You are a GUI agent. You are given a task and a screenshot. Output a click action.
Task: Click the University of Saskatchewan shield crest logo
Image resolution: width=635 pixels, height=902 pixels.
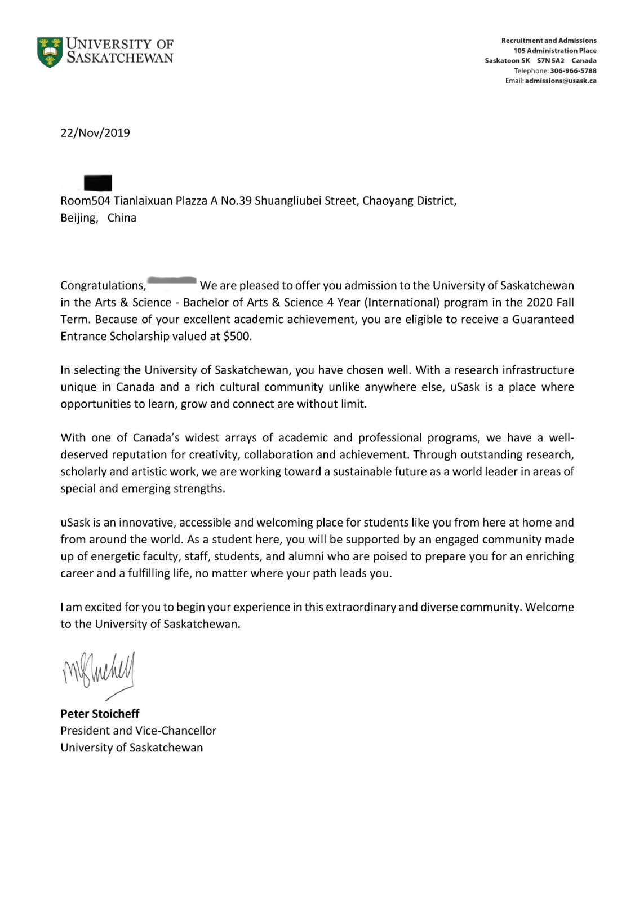(50, 52)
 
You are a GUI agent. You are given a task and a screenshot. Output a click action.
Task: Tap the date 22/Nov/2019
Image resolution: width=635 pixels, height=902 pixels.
(95, 133)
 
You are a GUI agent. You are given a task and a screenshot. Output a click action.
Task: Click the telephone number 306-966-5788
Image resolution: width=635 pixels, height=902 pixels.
(573, 71)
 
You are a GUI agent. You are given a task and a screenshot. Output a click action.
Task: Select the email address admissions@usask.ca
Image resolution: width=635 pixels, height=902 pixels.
(561, 81)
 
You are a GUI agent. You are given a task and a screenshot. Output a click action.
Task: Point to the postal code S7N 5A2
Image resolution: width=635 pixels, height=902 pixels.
(550, 61)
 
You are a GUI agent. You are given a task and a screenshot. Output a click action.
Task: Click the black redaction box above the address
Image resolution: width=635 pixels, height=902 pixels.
(97, 183)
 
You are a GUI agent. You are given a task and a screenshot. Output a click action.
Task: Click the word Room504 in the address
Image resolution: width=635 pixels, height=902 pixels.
(85, 201)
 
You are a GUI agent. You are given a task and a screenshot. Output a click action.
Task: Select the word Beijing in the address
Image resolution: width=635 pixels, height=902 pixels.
(79, 218)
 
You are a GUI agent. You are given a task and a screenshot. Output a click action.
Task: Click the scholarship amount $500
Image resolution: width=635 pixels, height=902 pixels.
(237, 337)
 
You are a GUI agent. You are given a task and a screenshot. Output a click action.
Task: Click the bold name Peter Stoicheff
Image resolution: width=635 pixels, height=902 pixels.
(100, 714)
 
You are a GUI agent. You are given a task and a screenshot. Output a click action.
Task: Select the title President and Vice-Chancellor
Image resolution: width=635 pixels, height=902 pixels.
(138, 731)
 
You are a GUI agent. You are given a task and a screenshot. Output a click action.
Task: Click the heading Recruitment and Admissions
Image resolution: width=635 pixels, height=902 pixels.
(548, 41)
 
